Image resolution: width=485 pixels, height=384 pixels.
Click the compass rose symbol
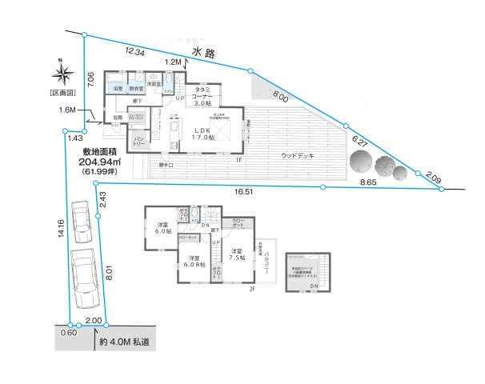click(x=60, y=76)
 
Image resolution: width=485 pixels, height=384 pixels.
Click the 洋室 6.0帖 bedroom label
click(x=162, y=229)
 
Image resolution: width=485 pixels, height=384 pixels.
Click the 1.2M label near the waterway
click(x=173, y=62)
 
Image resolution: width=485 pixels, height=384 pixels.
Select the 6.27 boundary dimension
click(x=362, y=140)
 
